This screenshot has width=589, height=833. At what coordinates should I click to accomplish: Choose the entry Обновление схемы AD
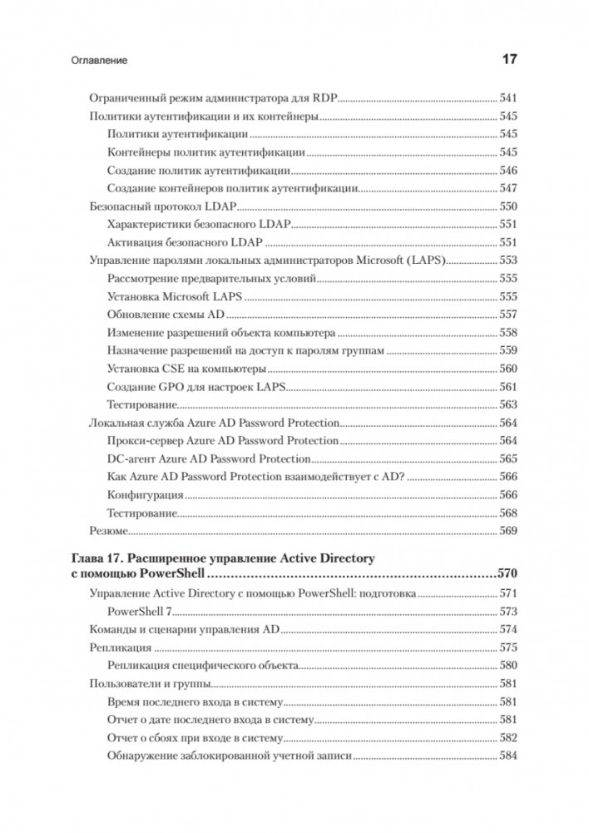166,315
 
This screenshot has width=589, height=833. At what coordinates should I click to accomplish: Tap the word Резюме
107,530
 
